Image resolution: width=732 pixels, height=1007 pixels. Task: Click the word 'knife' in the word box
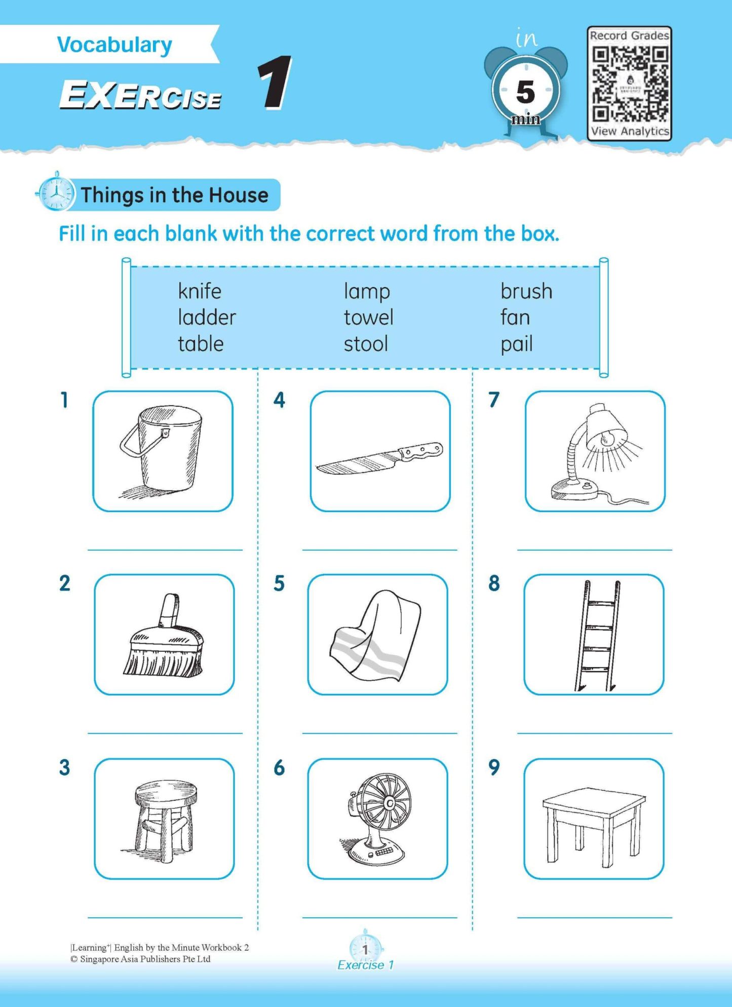(x=200, y=292)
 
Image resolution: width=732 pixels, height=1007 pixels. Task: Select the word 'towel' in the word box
(x=368, y=318)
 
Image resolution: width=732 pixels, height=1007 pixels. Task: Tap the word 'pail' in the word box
(x=516, y=344)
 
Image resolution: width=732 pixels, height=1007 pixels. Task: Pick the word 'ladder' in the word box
(x=207, y=318)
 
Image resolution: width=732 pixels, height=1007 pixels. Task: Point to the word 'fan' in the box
(x=515, y=318)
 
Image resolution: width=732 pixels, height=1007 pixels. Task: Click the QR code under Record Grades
(x=630, y=84)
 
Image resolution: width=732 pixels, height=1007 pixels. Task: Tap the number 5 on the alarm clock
(x=525, y=92)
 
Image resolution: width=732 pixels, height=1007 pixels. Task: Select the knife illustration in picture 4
(x=379, y=458)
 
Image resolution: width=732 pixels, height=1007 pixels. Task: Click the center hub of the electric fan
(x=390, y=803)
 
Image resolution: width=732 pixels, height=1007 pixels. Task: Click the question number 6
(x=279, y=768)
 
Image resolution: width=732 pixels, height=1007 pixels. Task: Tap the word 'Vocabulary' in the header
(x=114, y=45)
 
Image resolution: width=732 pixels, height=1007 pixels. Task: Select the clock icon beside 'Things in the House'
(x=56, y=193)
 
